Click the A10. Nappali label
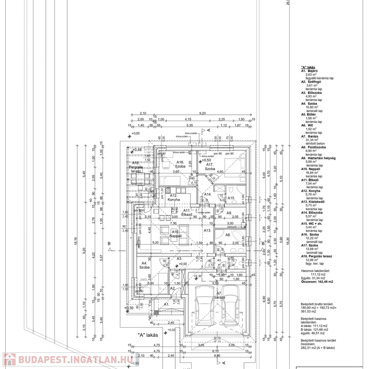tap(176, 234)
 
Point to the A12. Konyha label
tap(173, 198)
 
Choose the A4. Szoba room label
tap(143, 265)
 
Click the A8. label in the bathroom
tap(228, 235)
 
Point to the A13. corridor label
tap(207, 231)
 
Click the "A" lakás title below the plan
tap(148, 335)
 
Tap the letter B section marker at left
tap(109, 245)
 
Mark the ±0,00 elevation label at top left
tap(135, 133)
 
